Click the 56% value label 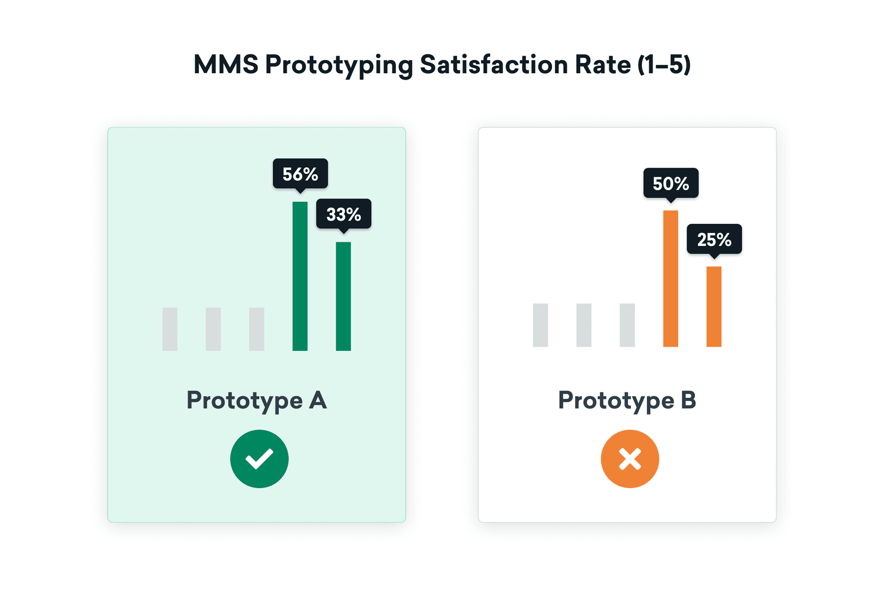[x=300, y=174]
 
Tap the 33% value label [x=343, y=214]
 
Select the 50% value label [x=671, y=183]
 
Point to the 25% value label [x=714, y=239]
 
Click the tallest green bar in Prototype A [x=300, y=276]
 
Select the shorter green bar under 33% [x=343, y=297]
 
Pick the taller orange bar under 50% [x=670, y=279]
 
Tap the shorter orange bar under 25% [x=714, y=307]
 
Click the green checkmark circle [x=259, y=459]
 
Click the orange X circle [x=630, y=459]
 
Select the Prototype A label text [x=256, y=400]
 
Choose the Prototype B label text [x=627, y=400]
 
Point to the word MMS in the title [x=226, y=64]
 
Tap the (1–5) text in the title [x=664, y=64]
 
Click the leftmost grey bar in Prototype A [x=170, y=329]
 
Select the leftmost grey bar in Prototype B [x=541, y=325]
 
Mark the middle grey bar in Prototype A [x=213, y=329]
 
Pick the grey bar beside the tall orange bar [x=627, y=325]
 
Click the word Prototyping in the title [x=339, y=64]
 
